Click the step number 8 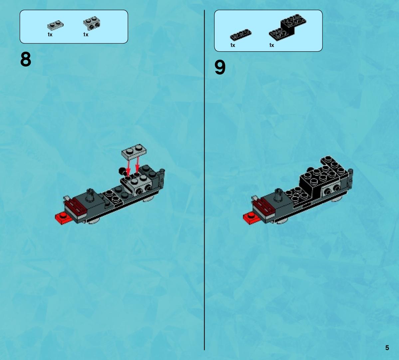coord(26,59)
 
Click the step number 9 coord(220,68)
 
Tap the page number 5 coord(387,348)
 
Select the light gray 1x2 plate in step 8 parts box coord(55,25)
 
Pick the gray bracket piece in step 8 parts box coord(92,23)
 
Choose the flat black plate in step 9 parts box coord(241,35)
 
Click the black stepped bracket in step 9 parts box coord(288,27)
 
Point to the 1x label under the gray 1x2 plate coord(50,34)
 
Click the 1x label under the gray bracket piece coord(86,34)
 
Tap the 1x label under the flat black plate coord(233,45)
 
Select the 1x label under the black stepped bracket coord(272,45)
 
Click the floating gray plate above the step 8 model coord(134,152)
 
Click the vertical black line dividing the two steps coord(204,180)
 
